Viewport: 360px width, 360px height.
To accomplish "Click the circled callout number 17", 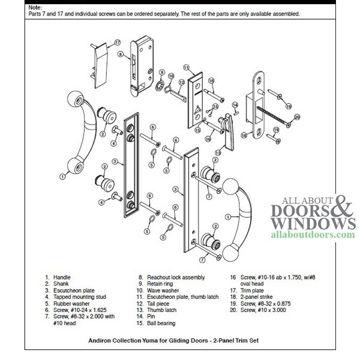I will (118, 43).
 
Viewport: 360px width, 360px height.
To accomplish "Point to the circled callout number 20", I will (296, 117).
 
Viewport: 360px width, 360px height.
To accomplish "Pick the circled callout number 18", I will (244, 136).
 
